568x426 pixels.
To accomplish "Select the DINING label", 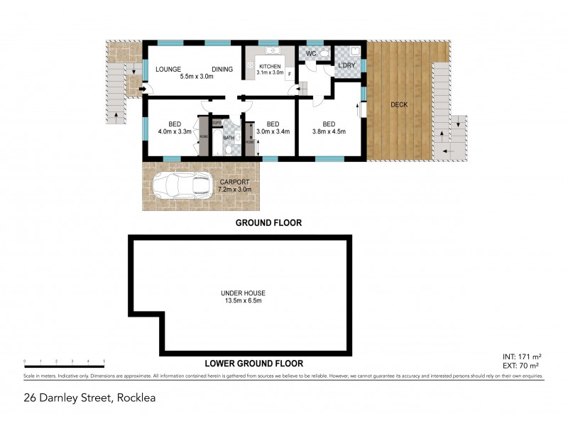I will (x=224, y=68).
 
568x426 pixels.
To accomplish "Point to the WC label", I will (x=310, y=54).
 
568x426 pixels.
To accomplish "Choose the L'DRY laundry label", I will (x=346, y=66).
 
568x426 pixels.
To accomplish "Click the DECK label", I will (x=400, y=105).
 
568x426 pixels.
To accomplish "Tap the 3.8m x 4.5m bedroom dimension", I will (x=329, y=131).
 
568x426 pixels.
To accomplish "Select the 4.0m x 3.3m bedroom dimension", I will (x=175, y=131).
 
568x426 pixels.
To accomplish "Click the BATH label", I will (x=229, y=138).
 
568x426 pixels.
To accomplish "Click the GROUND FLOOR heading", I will (x=269, y=222).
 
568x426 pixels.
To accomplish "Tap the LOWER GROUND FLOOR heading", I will (x=253, y=364).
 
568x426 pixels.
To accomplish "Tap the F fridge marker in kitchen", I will (x=289, y=73).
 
